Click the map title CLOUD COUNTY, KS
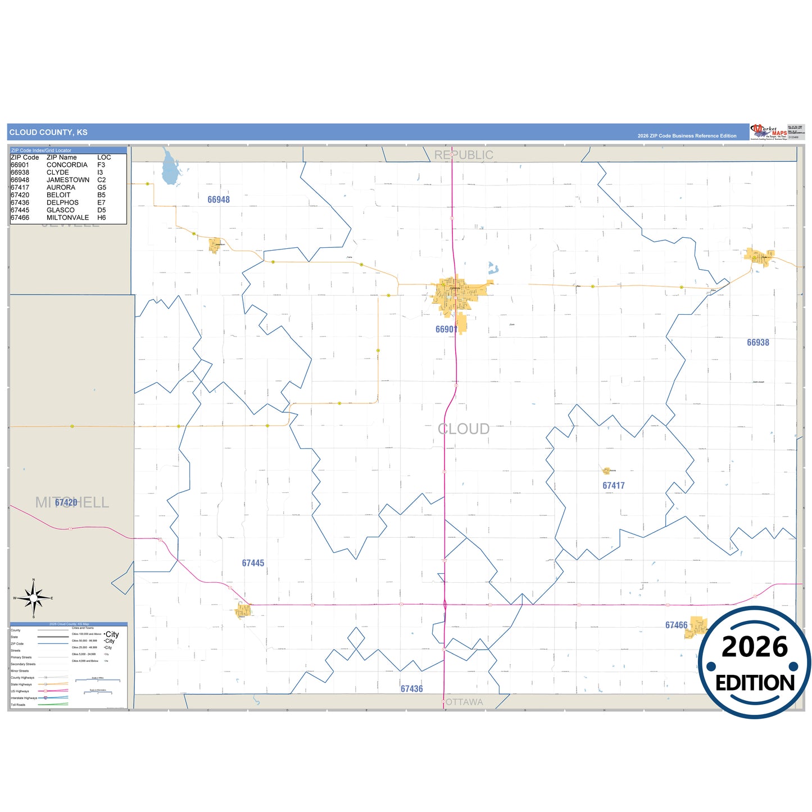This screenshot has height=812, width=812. tap(48, 133)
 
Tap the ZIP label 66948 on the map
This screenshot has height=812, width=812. tap(219, 199)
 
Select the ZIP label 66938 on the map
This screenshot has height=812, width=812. tap(757, 342)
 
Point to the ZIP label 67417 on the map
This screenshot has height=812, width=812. tap(613, 486)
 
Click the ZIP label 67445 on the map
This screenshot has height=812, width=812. tap(253, 563)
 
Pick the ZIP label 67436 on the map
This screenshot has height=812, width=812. tap(411, 689)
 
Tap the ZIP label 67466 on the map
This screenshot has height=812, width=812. tap(676, 625)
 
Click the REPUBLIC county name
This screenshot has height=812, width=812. tap(464, 155)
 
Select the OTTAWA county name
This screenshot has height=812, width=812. tap(463, 702)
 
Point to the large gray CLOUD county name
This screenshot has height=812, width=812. tap(464, 429)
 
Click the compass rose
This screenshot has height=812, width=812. tap(34, 598)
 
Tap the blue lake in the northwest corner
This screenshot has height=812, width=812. tap(170, 168)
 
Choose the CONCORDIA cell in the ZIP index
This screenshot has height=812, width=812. tap(67, 165)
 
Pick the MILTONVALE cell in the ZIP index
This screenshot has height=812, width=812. tap(67, 217)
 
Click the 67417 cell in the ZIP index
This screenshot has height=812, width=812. tap(20, 188)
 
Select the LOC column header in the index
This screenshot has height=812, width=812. tap(104, 157)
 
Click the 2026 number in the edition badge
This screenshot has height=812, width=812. tap(754, 647)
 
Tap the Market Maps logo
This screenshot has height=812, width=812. tap(768, 132)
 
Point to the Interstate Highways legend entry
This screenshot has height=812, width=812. tap(24, 698)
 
